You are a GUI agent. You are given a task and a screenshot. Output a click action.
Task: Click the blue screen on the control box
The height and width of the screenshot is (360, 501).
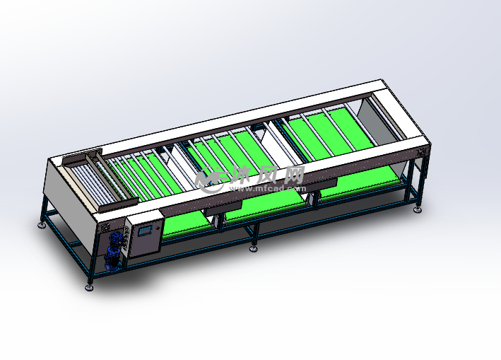point(145,231)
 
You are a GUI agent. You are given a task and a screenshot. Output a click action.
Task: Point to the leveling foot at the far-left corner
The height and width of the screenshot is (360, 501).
point(42,225)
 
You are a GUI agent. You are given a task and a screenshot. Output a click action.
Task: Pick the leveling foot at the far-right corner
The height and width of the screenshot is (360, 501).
point(418,210)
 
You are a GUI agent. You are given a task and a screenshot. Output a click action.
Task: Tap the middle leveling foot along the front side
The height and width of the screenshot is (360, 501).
point(254,248)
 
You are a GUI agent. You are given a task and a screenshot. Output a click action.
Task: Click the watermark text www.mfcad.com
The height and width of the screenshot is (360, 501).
point(268,189)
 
